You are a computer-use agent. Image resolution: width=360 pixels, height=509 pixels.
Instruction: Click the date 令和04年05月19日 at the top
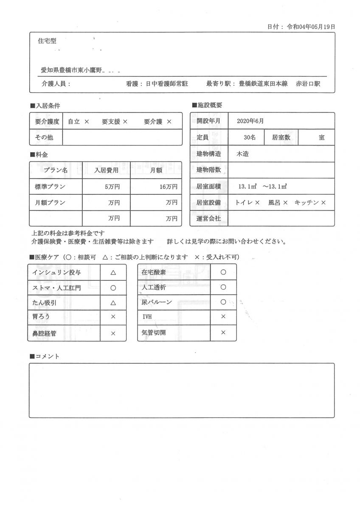(x=311, y=26)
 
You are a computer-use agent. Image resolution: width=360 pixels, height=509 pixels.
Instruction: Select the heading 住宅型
(x=47, y=41)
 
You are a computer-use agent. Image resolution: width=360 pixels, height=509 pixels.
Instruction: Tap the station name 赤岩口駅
(x=308, y=84)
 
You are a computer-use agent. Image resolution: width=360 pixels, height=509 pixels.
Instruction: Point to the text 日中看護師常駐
(x=167, y=84)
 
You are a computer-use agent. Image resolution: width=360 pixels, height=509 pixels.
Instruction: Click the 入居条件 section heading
(x=47, y=105)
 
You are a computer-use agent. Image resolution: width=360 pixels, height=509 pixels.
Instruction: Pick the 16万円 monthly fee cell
(x=169, y=187)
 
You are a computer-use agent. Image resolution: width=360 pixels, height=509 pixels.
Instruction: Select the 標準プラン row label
(x=50, y=187)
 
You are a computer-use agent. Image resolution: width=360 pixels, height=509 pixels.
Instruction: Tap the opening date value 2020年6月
(x=250, y=121)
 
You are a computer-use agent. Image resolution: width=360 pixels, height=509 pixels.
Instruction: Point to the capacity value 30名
(x=250, y=137)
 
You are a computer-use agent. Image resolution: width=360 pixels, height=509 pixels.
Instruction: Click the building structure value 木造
(x=242, y=154)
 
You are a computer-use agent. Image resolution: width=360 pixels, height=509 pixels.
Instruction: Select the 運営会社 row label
(x=209, y=219)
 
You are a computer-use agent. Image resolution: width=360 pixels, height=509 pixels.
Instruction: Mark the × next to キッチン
(x=323, y=203)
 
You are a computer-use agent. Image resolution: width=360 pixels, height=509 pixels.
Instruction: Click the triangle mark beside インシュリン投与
(x=113, y=272)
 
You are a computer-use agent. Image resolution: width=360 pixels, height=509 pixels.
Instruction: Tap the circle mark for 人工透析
(x=223, y=287)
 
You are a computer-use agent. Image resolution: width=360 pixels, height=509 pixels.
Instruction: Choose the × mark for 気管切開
(x=223, y=333)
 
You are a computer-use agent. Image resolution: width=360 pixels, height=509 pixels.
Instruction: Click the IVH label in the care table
(x=147, y=317)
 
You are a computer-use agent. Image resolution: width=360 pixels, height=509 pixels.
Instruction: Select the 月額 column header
(x=155, y=170)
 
